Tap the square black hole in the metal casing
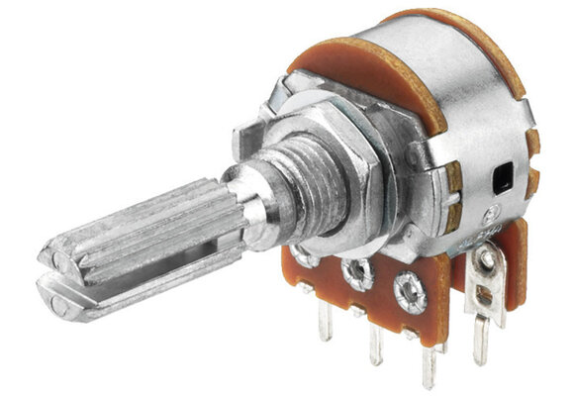pos(502,178)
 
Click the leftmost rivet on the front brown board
pos(304,257)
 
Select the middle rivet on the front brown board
pos(354,269)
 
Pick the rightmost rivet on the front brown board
pos(409,291)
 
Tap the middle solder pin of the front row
pos(376,342)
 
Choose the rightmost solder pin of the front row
pos(430,364)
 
